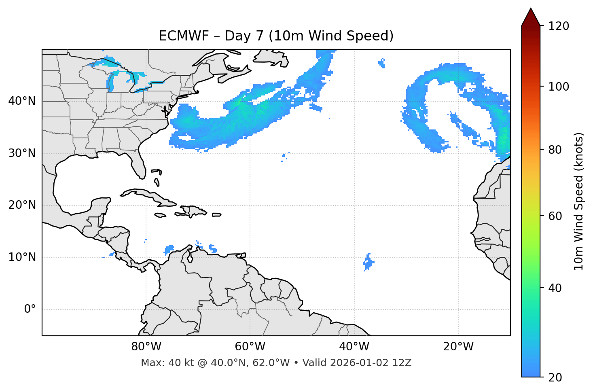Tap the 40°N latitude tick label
point(22,101)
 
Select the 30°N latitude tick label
point(22,153)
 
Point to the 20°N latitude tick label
point(22,205)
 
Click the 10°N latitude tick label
point(22,257)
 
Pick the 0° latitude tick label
point(30,309)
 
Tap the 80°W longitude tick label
point(146,347)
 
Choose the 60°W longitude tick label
point(250,347)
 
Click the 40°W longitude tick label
point(354,347)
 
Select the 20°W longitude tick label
point(458,347)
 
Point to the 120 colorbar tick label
point(559,26)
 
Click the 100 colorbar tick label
point(559,87)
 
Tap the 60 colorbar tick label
point(555,216)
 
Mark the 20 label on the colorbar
point(555,377)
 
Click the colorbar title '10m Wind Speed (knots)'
point(579,201)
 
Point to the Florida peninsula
point(138,166)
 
